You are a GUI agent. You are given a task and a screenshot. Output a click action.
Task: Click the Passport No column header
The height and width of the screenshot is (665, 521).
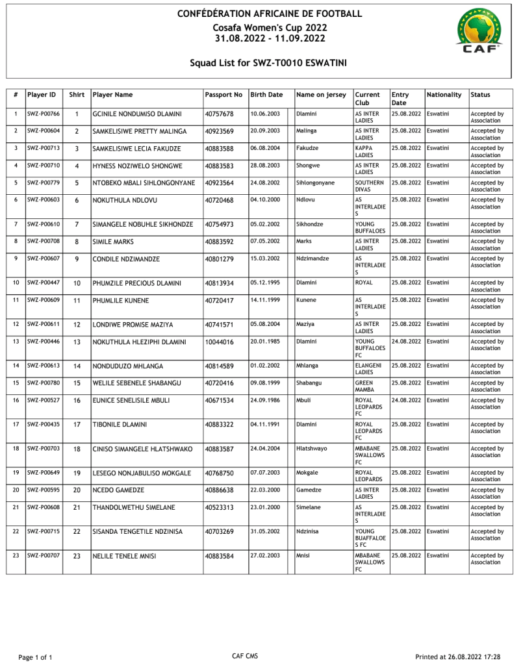[x=223, y=95]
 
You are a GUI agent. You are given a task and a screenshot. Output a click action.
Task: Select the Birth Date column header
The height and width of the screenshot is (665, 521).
[x=266, y=95]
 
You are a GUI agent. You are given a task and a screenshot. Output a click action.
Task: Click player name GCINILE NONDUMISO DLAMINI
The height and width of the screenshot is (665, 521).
[x=137, y=114]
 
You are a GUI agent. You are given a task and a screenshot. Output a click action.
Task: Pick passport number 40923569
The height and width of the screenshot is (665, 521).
[x=219, y=131]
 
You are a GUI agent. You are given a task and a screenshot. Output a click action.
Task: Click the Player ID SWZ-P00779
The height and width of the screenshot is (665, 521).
[x=44, y=182]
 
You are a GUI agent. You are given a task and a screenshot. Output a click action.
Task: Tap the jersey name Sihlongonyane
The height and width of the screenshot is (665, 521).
[x=315, y=183]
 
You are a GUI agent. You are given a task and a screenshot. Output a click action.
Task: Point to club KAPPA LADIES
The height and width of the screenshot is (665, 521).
[x=364, y=152]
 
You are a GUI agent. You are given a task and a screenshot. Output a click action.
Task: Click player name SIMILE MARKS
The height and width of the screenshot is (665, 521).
[x=112, y=242]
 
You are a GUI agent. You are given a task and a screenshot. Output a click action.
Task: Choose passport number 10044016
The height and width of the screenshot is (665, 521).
[x=219, y=342]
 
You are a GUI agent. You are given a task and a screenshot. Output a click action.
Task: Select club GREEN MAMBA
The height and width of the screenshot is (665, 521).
[x=364, y=386]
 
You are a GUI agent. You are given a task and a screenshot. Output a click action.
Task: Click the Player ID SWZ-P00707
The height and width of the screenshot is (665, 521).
[x=44, y=555]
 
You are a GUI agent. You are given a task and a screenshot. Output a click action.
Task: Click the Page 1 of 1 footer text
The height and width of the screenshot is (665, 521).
[x=35, y=657]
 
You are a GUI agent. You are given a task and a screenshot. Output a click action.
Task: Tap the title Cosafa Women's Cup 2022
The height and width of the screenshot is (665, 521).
[x=270, y=27]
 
